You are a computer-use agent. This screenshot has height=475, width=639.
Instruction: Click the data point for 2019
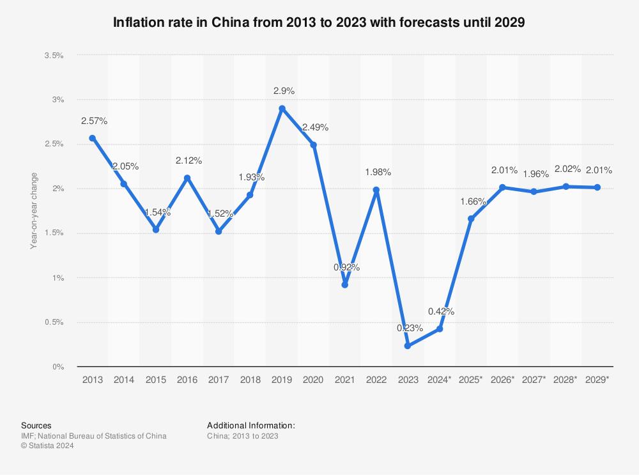coord(282,109)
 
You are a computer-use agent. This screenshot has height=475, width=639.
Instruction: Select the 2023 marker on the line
coord(408,346)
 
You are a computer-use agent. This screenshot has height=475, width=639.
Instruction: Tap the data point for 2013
coord(93,138)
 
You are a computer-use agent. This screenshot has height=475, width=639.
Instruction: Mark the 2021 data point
coord(345,284)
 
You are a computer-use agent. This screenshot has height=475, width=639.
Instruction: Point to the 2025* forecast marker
coord(471,219)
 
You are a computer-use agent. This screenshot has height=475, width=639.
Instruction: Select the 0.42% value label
coord(441,311)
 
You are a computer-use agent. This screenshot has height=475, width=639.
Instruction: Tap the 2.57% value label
coord(94,121)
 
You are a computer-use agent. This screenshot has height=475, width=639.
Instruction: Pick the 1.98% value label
coord(378,172)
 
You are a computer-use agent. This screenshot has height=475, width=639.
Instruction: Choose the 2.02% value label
coord(567,169)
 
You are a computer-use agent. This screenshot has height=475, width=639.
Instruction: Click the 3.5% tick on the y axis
coord(54,56)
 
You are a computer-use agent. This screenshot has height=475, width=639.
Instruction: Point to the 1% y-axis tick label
coord(58,278)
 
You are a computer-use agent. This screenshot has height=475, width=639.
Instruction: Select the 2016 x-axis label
coord(187,380)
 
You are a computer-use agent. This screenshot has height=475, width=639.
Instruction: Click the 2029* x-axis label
coord(597,380)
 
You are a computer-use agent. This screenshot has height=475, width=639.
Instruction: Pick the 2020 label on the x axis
coord(313,380)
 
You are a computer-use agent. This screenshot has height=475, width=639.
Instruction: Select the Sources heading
coord(36,425)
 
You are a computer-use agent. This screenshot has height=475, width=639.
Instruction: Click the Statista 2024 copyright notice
coord(48,446)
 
